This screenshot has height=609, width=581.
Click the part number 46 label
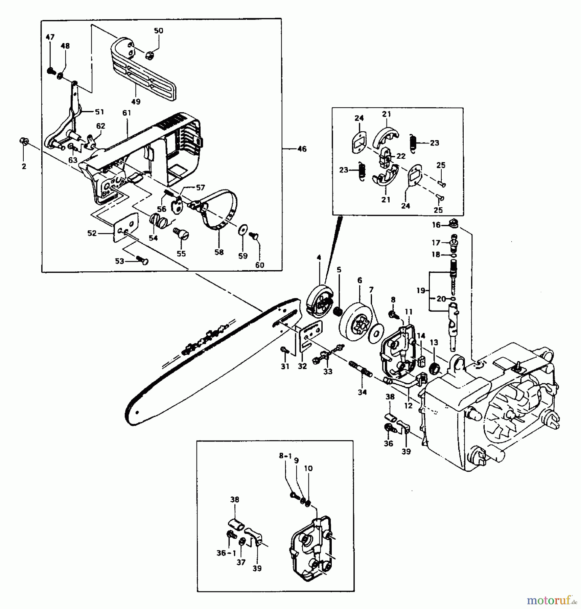302,149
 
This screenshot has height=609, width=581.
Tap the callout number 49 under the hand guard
136,101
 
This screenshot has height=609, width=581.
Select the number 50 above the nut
158,31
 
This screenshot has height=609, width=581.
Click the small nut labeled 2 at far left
24,141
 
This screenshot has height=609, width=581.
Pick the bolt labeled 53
142,261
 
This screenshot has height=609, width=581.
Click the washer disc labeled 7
376,332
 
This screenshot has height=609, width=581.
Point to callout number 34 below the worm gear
362,392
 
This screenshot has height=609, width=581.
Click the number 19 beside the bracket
420,291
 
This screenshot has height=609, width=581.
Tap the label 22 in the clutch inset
401,156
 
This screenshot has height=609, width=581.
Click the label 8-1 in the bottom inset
285,456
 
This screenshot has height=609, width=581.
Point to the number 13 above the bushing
434,343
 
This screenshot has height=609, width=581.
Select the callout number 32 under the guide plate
302,366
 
